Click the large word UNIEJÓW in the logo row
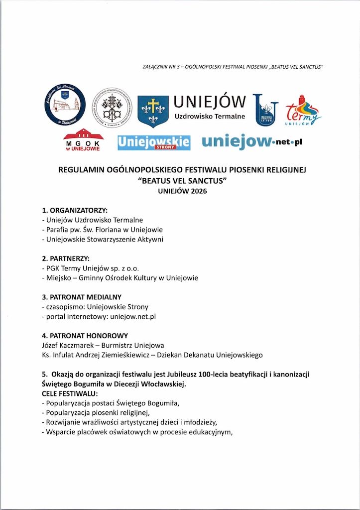point(210,102)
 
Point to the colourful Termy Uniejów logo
point(303,110)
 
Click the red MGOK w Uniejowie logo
point(83,140)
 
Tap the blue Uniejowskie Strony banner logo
point(154,141)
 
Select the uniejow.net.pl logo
point(252,141)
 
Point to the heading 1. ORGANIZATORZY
point(75,210)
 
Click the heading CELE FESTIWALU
point(70,393)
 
